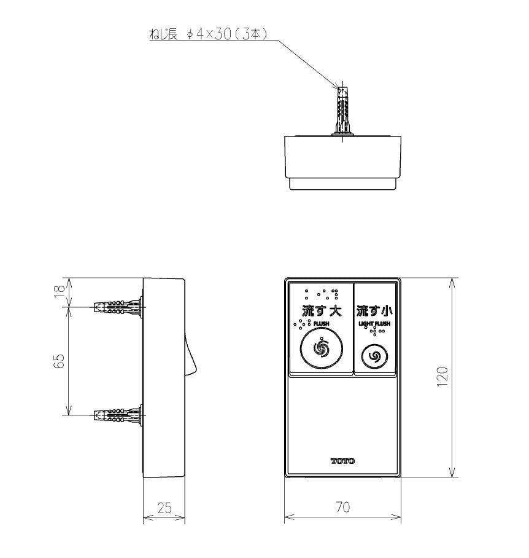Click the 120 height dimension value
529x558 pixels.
click(442, 376)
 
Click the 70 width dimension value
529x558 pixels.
click(342, 507)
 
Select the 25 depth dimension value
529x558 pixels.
click(164, 508)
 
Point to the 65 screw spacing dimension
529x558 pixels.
click(60, 361)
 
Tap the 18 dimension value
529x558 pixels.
click(60, 289)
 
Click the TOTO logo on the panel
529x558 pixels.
click(342, 461)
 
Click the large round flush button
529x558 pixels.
click(322, 348)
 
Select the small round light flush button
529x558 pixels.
click(374, 356)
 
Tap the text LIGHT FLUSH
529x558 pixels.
click(374, 323)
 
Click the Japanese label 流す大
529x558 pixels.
click(322, 311)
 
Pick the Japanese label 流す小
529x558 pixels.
click(374, 311)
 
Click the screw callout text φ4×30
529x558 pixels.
click(209, 34)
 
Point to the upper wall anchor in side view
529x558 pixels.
click(118, 307)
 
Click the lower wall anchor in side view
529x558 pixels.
click(118, 415)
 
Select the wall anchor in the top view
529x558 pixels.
click(342, 109)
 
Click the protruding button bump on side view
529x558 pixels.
click(190, 356)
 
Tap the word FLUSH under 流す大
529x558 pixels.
click(321, 323)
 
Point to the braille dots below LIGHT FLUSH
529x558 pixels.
click(374, 332)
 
